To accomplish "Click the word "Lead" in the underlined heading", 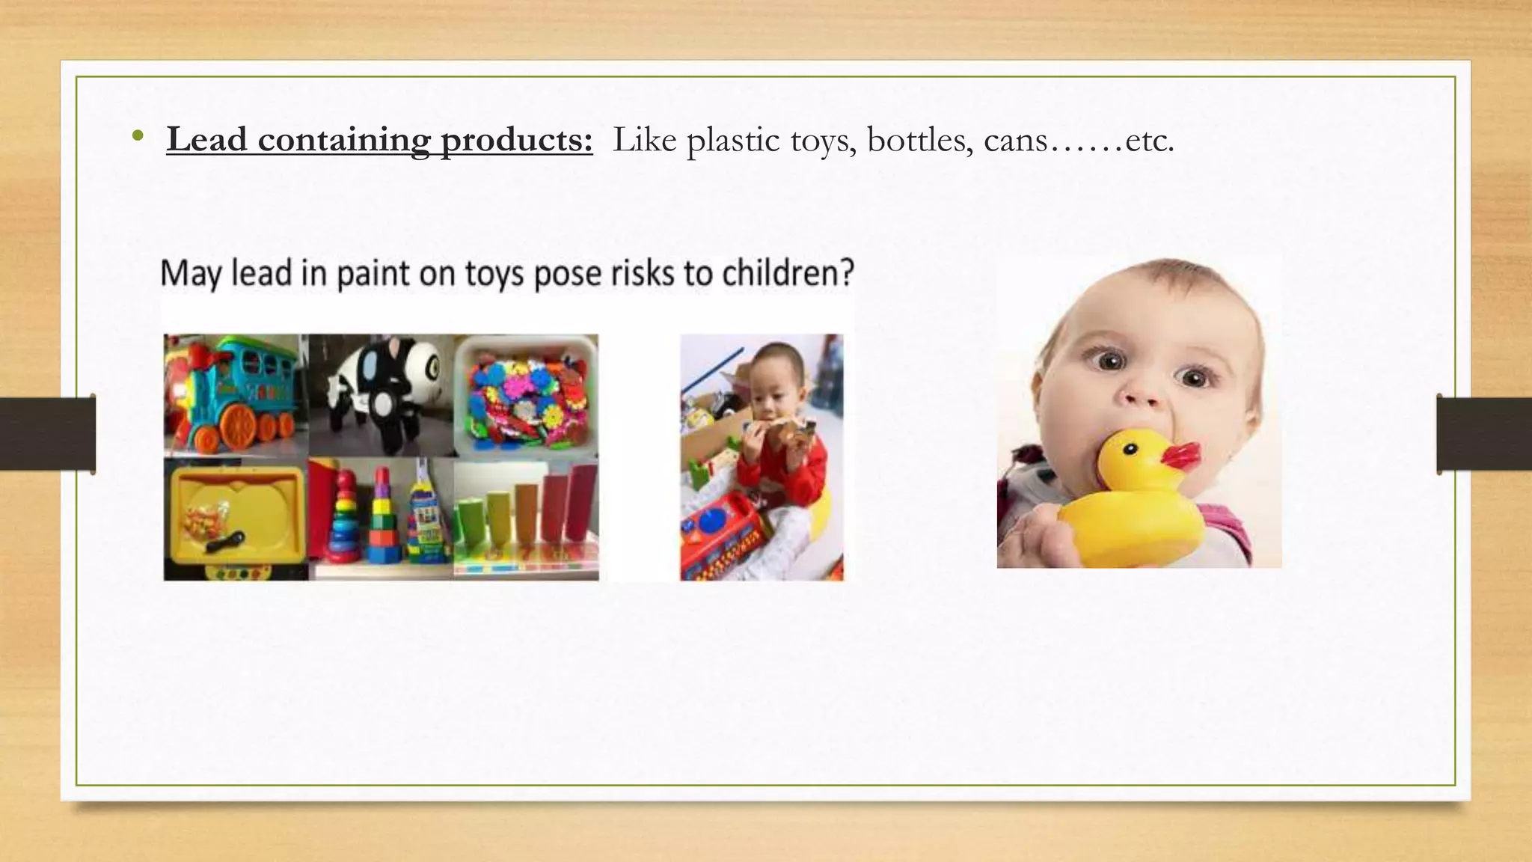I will (206, 140).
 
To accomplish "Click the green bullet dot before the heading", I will (137, 137).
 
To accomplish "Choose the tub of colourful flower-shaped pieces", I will (526, 397).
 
